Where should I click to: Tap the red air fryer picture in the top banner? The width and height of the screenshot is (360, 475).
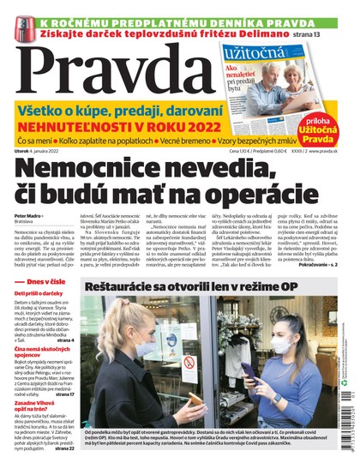click(19, 24)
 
